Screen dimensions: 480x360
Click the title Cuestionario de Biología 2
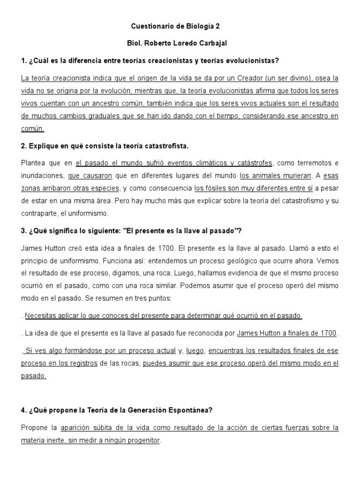pos(180,27)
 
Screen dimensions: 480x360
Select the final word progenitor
pos(141,441)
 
